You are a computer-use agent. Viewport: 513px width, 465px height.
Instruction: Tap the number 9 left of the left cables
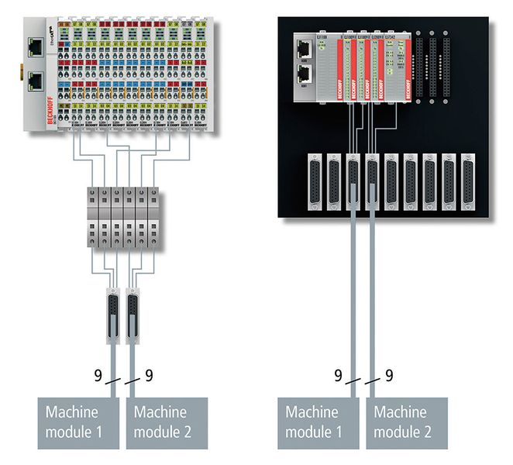click(98, 375)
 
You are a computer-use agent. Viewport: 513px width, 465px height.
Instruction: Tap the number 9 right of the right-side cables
click(389, 375)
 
